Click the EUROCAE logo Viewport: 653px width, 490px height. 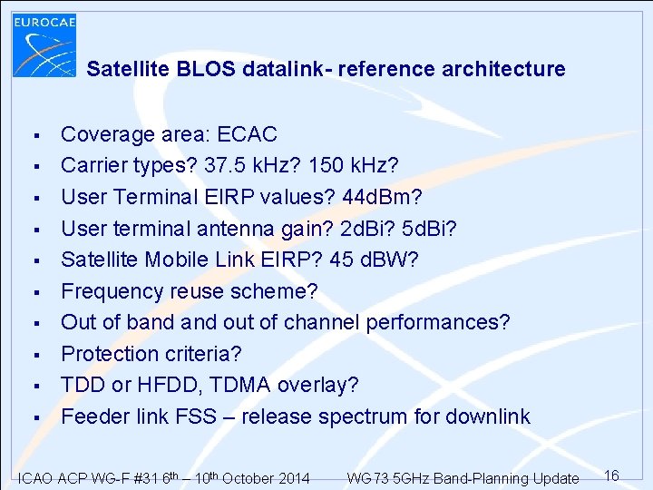click(44, 45)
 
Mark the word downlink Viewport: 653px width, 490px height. click(489, 417)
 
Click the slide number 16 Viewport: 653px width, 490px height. click(611, 475)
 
